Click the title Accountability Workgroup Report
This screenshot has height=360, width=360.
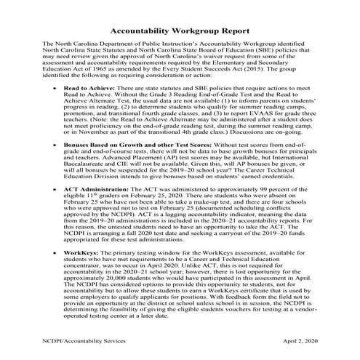pyautogui.click(x=180, y=32)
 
